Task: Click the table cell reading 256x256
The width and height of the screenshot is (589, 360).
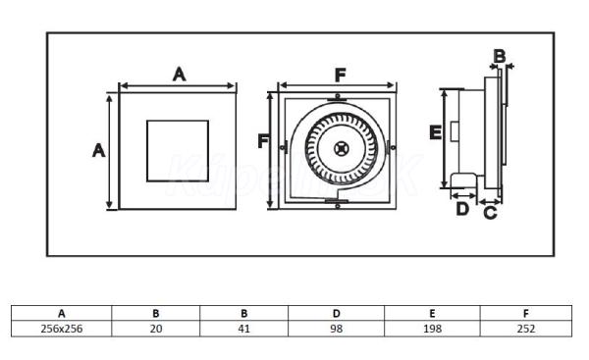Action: click(62, 329)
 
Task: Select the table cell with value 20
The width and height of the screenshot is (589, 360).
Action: click(156, 329)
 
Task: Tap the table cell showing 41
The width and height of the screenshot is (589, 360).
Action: click(243, 329)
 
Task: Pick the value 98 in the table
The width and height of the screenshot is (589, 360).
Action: click(336, 329)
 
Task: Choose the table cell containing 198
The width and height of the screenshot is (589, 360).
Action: click(432, 329)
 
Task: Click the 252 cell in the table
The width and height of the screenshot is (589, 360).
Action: click(526, 329)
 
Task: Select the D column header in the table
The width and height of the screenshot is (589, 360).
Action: click(336, 313)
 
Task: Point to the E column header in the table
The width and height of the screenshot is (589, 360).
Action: click(432, 313)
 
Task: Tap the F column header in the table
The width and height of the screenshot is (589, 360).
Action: click(526, 313)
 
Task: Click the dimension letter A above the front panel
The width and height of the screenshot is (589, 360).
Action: click(180, 74)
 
